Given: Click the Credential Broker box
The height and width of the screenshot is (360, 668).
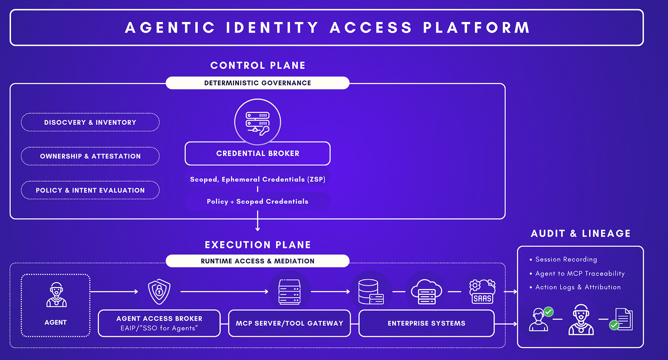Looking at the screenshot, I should [257, 154].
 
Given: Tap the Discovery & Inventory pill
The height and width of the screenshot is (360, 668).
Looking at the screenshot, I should [90, 122].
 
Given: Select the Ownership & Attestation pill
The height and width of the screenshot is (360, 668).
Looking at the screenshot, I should [90, 156].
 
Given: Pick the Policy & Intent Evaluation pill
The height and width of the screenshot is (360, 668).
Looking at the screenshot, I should [90, 190].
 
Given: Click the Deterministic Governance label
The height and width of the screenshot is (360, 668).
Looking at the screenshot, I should [257, 83].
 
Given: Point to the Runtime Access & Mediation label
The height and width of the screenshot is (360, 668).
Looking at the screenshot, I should [257, 261].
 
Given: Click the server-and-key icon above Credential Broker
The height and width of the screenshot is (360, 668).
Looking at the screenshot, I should [257, 122].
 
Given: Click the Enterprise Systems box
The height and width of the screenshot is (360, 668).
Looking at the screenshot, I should [426, 323].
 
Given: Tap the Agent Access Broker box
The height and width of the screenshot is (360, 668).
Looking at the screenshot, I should [159, 323].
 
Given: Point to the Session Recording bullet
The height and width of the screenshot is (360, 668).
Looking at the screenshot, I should [566, 260].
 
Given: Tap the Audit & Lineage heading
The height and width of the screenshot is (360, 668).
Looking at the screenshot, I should [580, 233].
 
